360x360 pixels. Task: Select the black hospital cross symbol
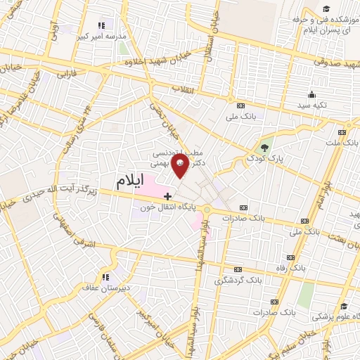pyautogui.click(x=167, y=195)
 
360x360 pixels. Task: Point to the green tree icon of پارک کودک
pyautogui.click(x=264, y=148)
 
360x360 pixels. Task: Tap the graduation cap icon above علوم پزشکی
pyautogui.click(x=344, y=307)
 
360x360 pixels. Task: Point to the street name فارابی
pyautogui.click(x=66, y=73)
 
